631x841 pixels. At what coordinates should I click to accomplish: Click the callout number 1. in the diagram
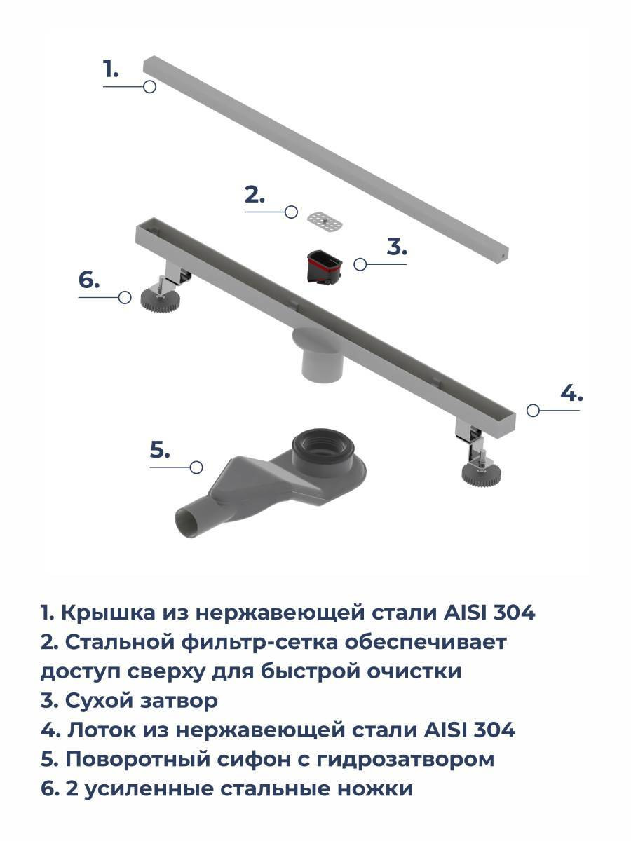pos(111,69)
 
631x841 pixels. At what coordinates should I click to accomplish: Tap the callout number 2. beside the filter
pos(255,195)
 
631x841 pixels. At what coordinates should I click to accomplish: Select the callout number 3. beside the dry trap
pos(397,247)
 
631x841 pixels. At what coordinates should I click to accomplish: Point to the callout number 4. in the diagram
pos(571,392)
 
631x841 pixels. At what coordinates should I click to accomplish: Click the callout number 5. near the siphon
pos(160,449)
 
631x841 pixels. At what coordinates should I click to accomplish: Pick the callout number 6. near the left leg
pos(89,280)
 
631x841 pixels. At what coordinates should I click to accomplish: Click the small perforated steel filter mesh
pos(324,221)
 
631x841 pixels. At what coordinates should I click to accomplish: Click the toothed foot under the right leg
pos(481,474)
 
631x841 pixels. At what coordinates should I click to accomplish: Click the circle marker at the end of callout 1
pos(149,87)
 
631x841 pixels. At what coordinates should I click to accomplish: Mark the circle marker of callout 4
pos(533,411)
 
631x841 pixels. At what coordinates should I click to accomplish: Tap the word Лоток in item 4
pos(102,730)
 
